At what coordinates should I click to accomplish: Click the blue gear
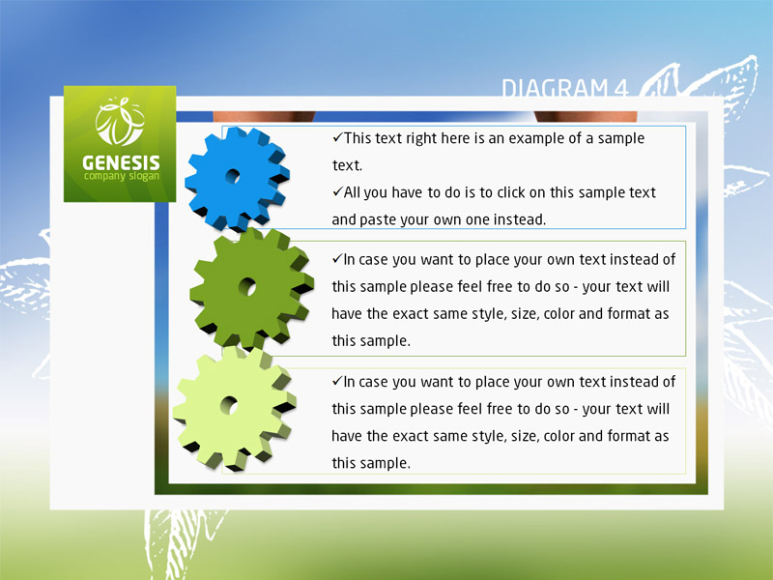pyautogui.click(x=237, y=179)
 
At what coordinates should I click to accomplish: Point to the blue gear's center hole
pyautogui.click(x=233, y=176)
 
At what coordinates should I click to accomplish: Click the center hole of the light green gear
pyautogui.click(x=229, y=405)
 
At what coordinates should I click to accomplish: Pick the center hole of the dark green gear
pyautogui.click(x=247, y=286)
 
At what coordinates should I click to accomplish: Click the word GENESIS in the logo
pyautogui.click(x=121, y=162)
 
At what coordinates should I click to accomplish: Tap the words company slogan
pyautogui.click(x=122, y=177)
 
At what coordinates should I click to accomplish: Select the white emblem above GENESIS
pyautogui.click(x=120, y=122)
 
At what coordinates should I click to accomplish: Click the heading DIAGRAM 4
pyautogui.click(x=565, y=88)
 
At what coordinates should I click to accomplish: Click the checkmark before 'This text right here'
pyautogui.click(x=337, y=137)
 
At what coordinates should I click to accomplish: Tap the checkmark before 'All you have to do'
pyautogui.click(x=337, y=191)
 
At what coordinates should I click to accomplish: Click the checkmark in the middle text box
pyautogui.click(x=337, y=258)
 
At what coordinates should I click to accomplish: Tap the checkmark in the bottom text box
pyautogui.click(x=337, y=381)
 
